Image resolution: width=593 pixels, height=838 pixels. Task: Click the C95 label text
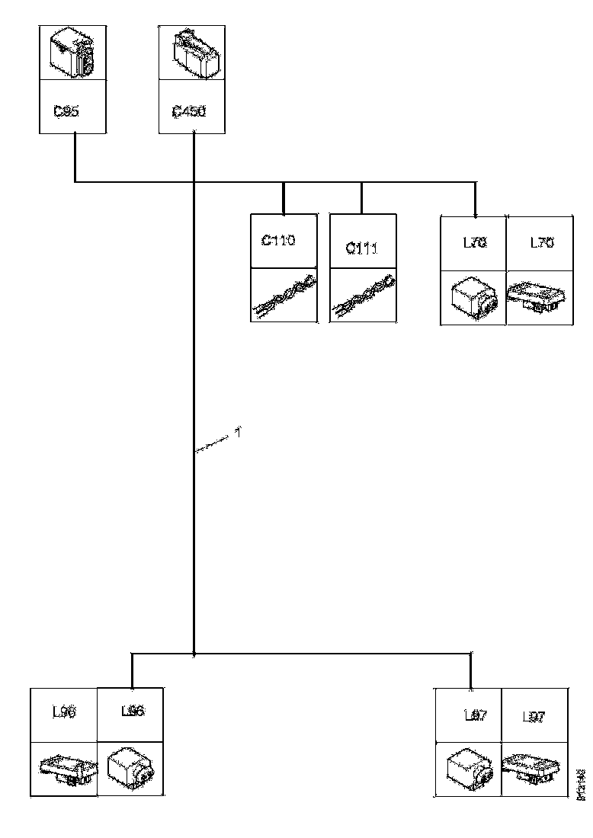point(66,111)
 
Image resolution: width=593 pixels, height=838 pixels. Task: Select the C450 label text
point(188,111)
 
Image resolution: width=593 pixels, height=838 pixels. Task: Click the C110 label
point(278,241)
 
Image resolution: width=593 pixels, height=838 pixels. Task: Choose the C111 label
point(361,249)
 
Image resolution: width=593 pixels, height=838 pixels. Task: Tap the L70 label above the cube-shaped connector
point(475,243)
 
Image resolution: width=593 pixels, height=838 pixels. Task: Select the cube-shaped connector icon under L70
point(473,298)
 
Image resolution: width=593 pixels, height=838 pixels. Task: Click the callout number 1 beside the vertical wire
point(238,433)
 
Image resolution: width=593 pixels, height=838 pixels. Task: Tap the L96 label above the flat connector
point(63,712)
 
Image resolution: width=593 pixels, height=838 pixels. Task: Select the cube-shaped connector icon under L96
point(130,767)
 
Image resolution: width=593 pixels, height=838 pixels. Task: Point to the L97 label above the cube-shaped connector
point(476,716)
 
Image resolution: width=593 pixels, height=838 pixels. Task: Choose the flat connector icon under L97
point(535,766)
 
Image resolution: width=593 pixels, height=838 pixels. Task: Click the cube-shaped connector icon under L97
point(468,767)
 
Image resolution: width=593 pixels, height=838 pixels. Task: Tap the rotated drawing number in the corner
point(582,784)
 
